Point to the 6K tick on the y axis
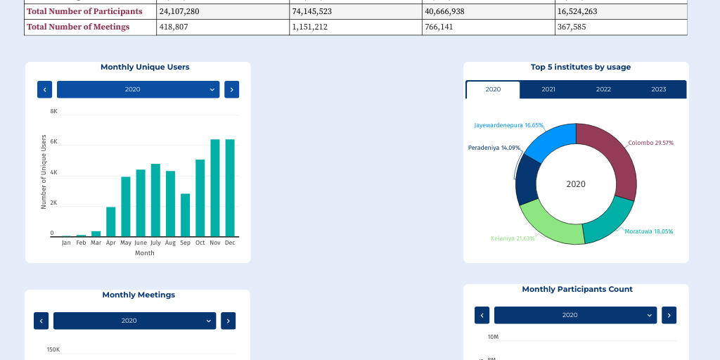click(53, 142)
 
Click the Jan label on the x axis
click(66, 243)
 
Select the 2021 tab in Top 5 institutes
click(548, 89)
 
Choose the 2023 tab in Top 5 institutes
click(658, 89)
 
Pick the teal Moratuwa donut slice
click(607, 221)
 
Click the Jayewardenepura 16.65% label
click(499, 125)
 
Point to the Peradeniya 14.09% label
click(494, 148)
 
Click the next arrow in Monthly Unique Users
click(231, 89)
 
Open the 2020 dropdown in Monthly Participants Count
click(575, 315)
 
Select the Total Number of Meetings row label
click(78, 27)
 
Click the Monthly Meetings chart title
click(139, 295)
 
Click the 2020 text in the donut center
click(576, 184)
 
